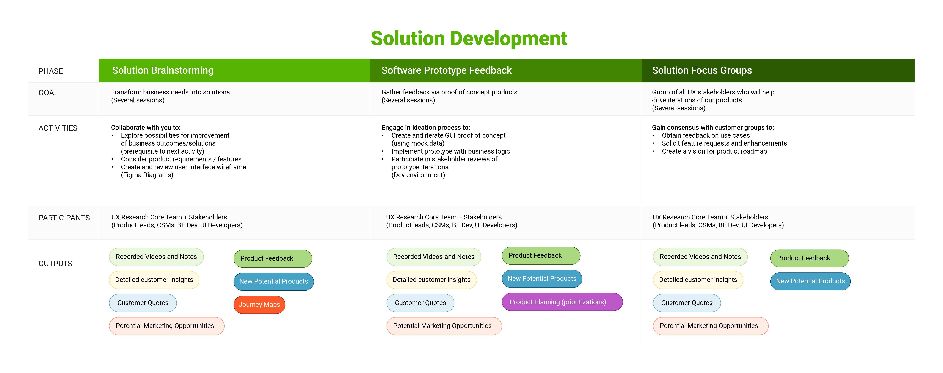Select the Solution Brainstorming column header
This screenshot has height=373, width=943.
[163, 70]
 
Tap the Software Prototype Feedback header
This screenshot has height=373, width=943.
[446, 70]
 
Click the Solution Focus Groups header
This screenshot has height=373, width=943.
[702, 70]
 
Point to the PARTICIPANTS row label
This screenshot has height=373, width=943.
[64, 218]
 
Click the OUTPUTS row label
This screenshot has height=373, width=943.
[55, 264]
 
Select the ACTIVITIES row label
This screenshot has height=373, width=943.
[58, 128]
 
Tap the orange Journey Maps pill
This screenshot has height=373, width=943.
[259, 304]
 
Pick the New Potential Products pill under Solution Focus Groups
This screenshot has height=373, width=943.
[810, 281]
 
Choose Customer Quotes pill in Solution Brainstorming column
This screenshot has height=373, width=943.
[143, 303]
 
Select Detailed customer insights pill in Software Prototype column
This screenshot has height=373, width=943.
[431, 280]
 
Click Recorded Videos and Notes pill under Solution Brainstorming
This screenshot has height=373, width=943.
[156, 256]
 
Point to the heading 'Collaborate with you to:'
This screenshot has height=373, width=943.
[146, 128]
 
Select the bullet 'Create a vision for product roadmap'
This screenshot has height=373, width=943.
[714, 151]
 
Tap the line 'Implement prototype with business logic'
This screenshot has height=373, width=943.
[450, 151]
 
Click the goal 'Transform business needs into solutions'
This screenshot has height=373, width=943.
[170, 92]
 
